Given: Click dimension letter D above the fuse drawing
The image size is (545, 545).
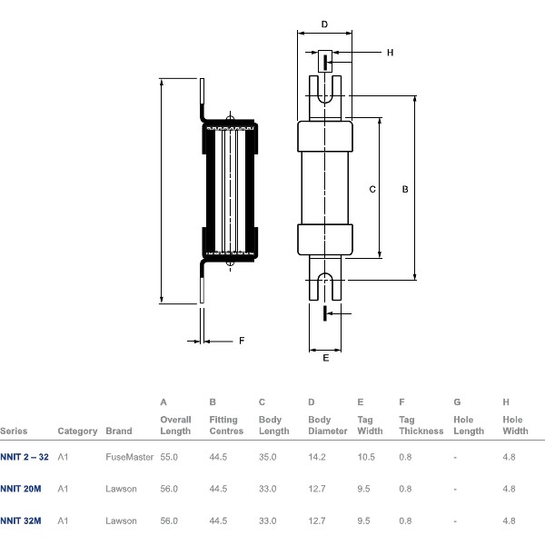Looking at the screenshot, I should pos(325,25).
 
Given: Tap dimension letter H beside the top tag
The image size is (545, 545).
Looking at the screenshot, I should pos(390,53).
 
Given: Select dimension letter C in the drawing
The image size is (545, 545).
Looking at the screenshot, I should pos(372,189).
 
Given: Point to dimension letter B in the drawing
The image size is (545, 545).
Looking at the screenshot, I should pos(405,189).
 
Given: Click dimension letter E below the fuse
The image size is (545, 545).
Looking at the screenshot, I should pos(325,358).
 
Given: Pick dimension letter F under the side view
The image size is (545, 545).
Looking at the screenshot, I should pos(242,342).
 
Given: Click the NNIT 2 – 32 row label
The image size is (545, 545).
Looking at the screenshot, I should pos(22,457).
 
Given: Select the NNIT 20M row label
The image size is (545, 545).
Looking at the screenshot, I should pos(21,489).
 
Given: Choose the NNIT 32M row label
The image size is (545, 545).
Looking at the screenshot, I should pos(21,520).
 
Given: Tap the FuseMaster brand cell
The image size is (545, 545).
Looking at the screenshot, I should pos(129,457).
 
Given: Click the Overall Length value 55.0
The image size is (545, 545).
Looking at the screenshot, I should pos(170,457).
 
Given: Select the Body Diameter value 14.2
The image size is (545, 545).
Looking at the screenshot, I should pos(317,457).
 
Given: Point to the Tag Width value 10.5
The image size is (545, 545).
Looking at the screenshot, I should pos(366,457).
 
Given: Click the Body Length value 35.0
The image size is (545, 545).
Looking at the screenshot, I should pos(268,457).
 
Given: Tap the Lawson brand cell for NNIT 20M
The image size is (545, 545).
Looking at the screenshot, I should pos(121,489).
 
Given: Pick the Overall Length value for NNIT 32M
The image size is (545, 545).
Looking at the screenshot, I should pos(170,520).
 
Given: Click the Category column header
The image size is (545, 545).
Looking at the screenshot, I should pos(77,431).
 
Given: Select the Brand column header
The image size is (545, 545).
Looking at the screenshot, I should pos(119,431).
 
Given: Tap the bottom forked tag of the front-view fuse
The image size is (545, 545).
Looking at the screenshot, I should pos(325,279).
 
